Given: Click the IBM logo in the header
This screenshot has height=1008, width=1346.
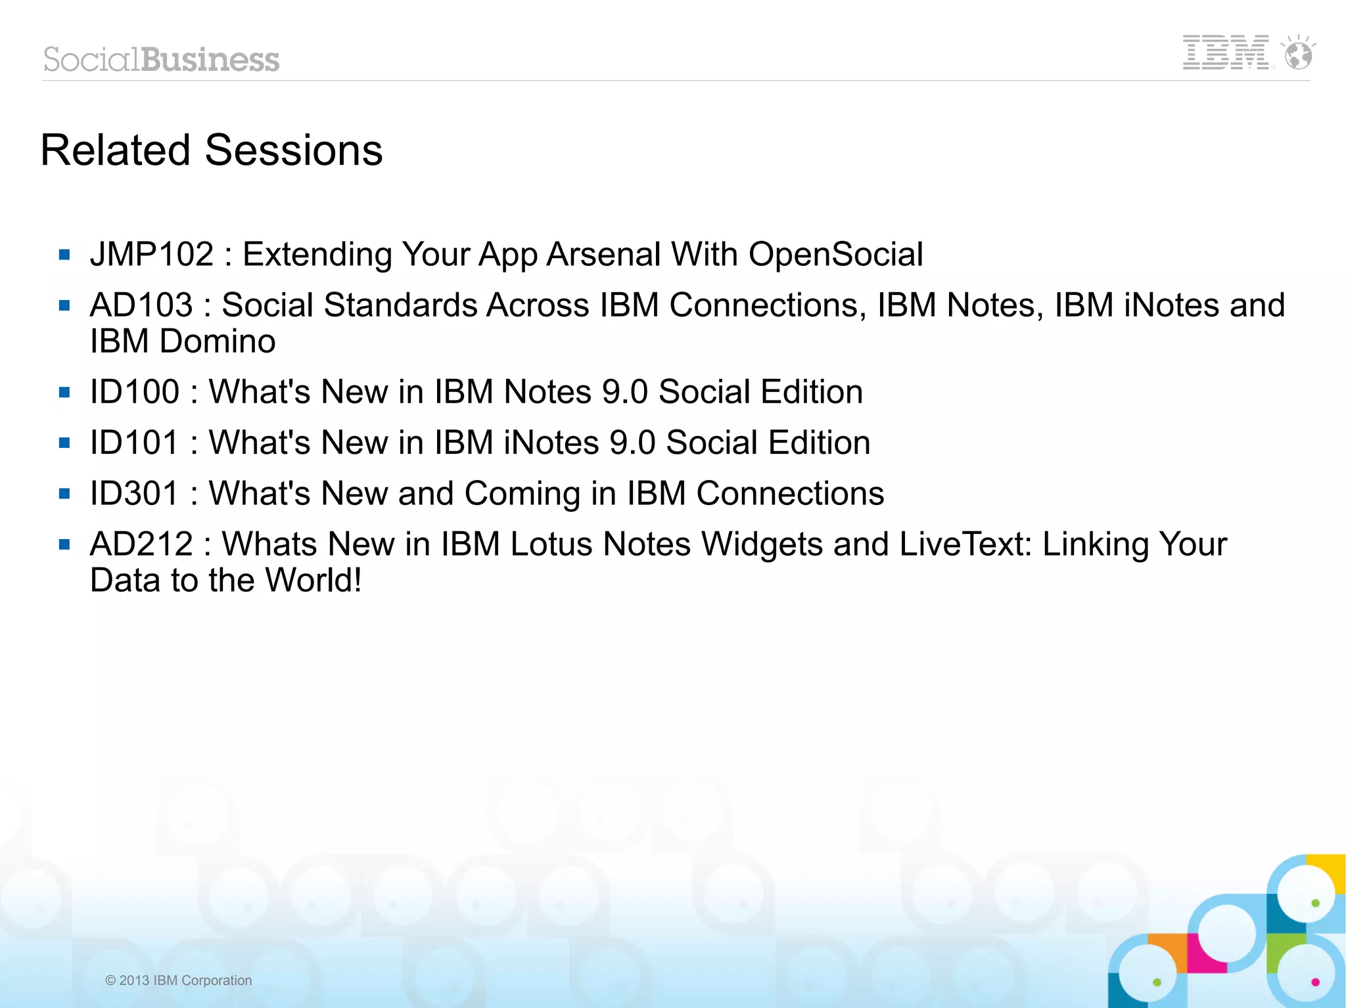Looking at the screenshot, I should coord(1225,53).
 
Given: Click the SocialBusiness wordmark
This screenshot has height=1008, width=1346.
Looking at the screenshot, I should coord(162,60).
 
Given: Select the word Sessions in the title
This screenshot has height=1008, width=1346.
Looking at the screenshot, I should coord(294,150).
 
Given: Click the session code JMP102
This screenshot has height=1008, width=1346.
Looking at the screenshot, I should coord(152,254).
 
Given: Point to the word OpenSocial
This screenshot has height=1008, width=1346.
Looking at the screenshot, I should coord(835,254).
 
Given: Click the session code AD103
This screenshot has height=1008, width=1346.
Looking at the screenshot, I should coord(142,305).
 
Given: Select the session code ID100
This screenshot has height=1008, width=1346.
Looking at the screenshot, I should coord(135,392).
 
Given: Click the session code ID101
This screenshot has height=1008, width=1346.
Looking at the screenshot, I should coord(135,443).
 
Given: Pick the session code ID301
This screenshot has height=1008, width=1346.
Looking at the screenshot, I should coord(135,493).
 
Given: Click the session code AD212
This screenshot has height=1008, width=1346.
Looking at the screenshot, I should coord(142,544).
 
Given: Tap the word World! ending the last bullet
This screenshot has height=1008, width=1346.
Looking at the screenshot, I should coord(313,581).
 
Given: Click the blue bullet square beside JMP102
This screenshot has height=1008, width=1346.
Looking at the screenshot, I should coord(64,255).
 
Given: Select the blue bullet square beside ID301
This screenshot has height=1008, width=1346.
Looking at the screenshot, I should coord(64,494).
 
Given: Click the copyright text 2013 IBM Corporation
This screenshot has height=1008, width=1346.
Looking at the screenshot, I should coord(179,980).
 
